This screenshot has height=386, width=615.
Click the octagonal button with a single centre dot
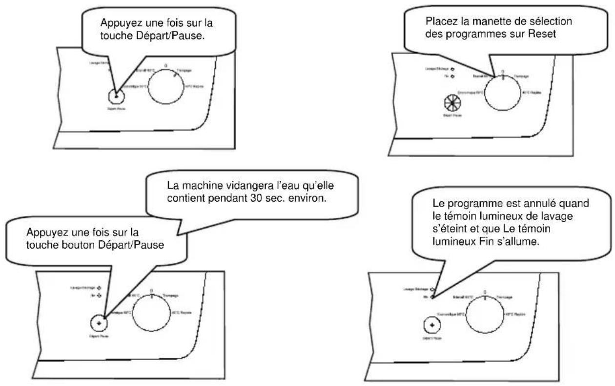(x=116, y=96)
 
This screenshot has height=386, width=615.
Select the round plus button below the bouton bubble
(x=99, y=322)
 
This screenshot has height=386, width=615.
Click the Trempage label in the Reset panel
(x=522, y=77)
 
